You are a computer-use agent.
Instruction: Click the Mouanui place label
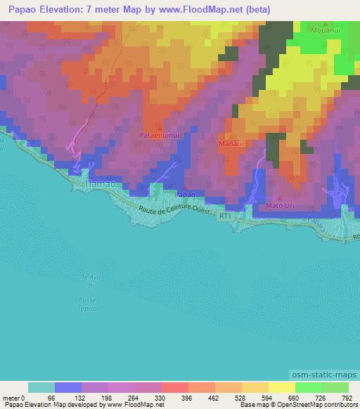pos(327,32)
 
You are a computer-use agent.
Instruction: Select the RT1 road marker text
pos(225,218)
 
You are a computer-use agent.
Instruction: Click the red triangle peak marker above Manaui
pos(231,136)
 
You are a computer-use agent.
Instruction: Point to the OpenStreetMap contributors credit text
pos(323,405)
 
